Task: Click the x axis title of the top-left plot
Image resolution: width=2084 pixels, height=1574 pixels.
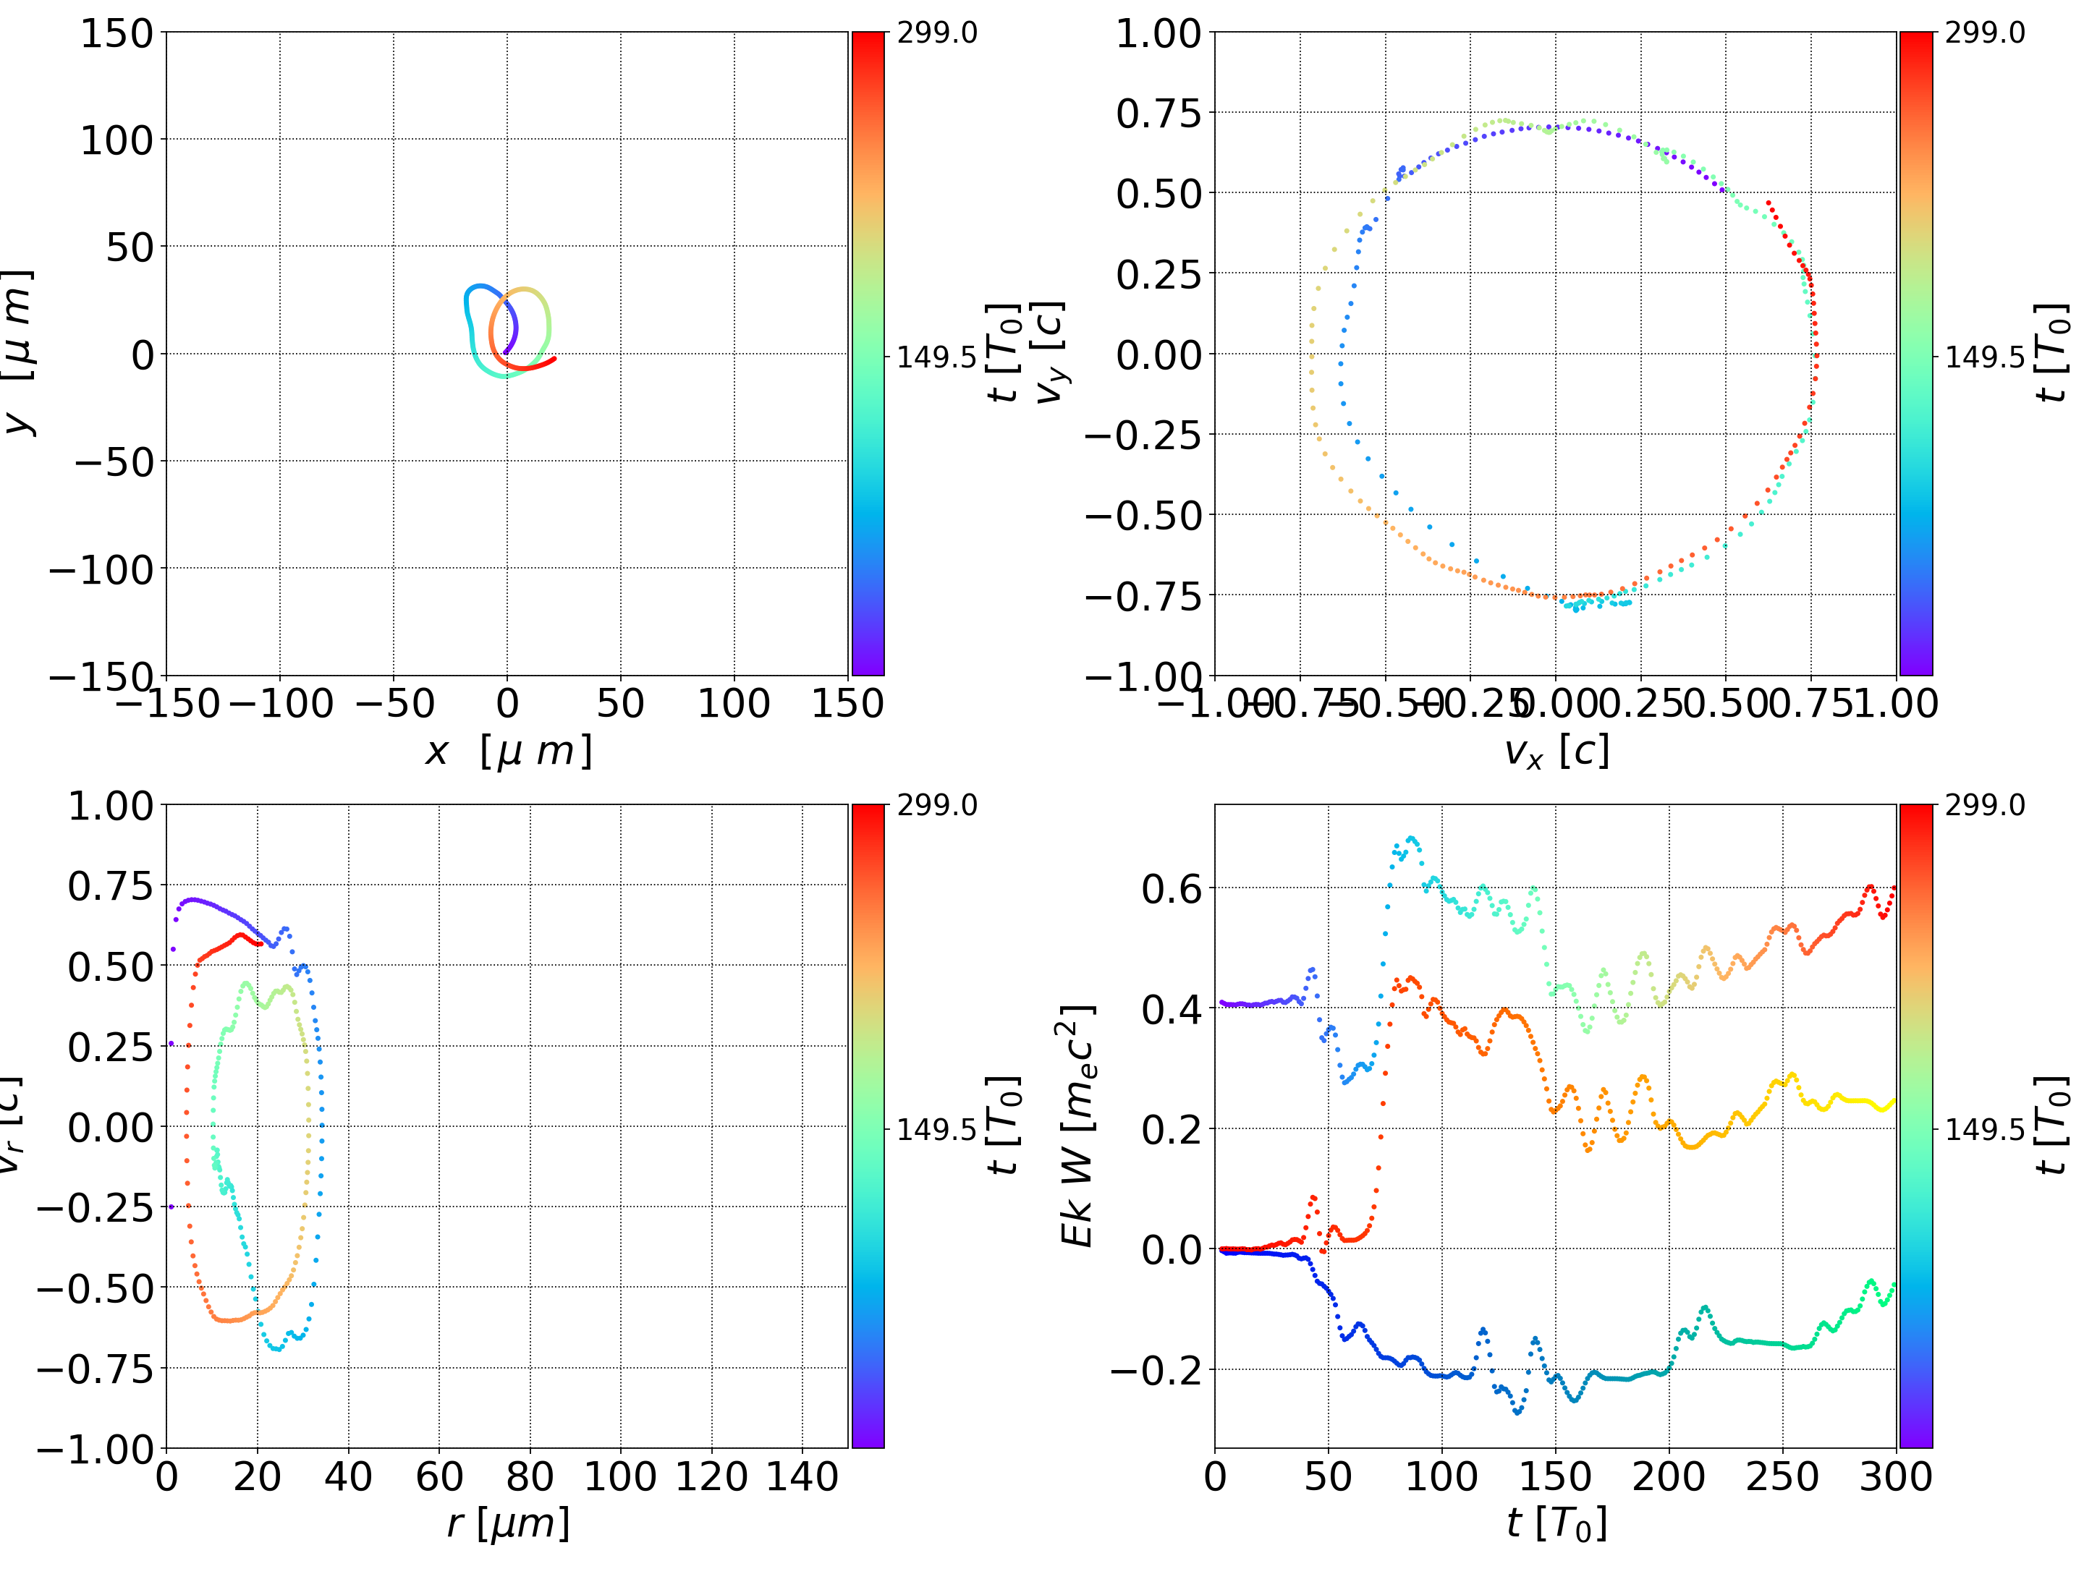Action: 508,752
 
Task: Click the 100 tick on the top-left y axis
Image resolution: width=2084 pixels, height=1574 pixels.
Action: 116,140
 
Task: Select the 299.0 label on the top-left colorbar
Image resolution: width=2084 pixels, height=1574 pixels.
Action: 936,33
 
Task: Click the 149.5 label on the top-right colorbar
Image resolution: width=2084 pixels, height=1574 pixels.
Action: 1984,357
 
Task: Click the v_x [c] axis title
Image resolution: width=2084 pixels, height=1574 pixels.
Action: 1556,752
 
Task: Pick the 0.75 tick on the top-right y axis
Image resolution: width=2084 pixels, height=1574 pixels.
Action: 1159,113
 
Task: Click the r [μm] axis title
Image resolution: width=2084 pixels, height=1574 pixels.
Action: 508,1523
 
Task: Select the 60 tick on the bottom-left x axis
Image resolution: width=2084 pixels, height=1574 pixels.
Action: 439,1476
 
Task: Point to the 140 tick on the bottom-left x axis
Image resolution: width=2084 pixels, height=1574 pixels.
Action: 802,1476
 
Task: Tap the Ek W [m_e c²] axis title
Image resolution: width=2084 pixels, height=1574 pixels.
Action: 1077,1126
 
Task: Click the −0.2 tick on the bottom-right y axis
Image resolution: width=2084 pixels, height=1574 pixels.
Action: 1157,1369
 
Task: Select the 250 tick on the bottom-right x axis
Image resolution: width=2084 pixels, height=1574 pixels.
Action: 1782,1476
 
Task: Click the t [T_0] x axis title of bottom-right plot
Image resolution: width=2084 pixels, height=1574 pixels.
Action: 1556,1523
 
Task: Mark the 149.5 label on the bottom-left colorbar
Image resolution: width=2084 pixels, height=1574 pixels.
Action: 936,1128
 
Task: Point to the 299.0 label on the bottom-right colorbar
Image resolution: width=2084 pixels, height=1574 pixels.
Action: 1984,805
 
